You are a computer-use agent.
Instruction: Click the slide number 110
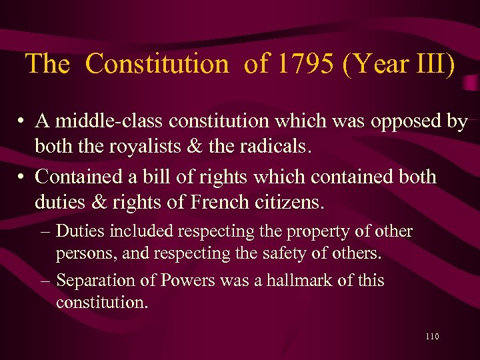[431, 337]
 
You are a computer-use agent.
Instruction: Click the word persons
[83, 254]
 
